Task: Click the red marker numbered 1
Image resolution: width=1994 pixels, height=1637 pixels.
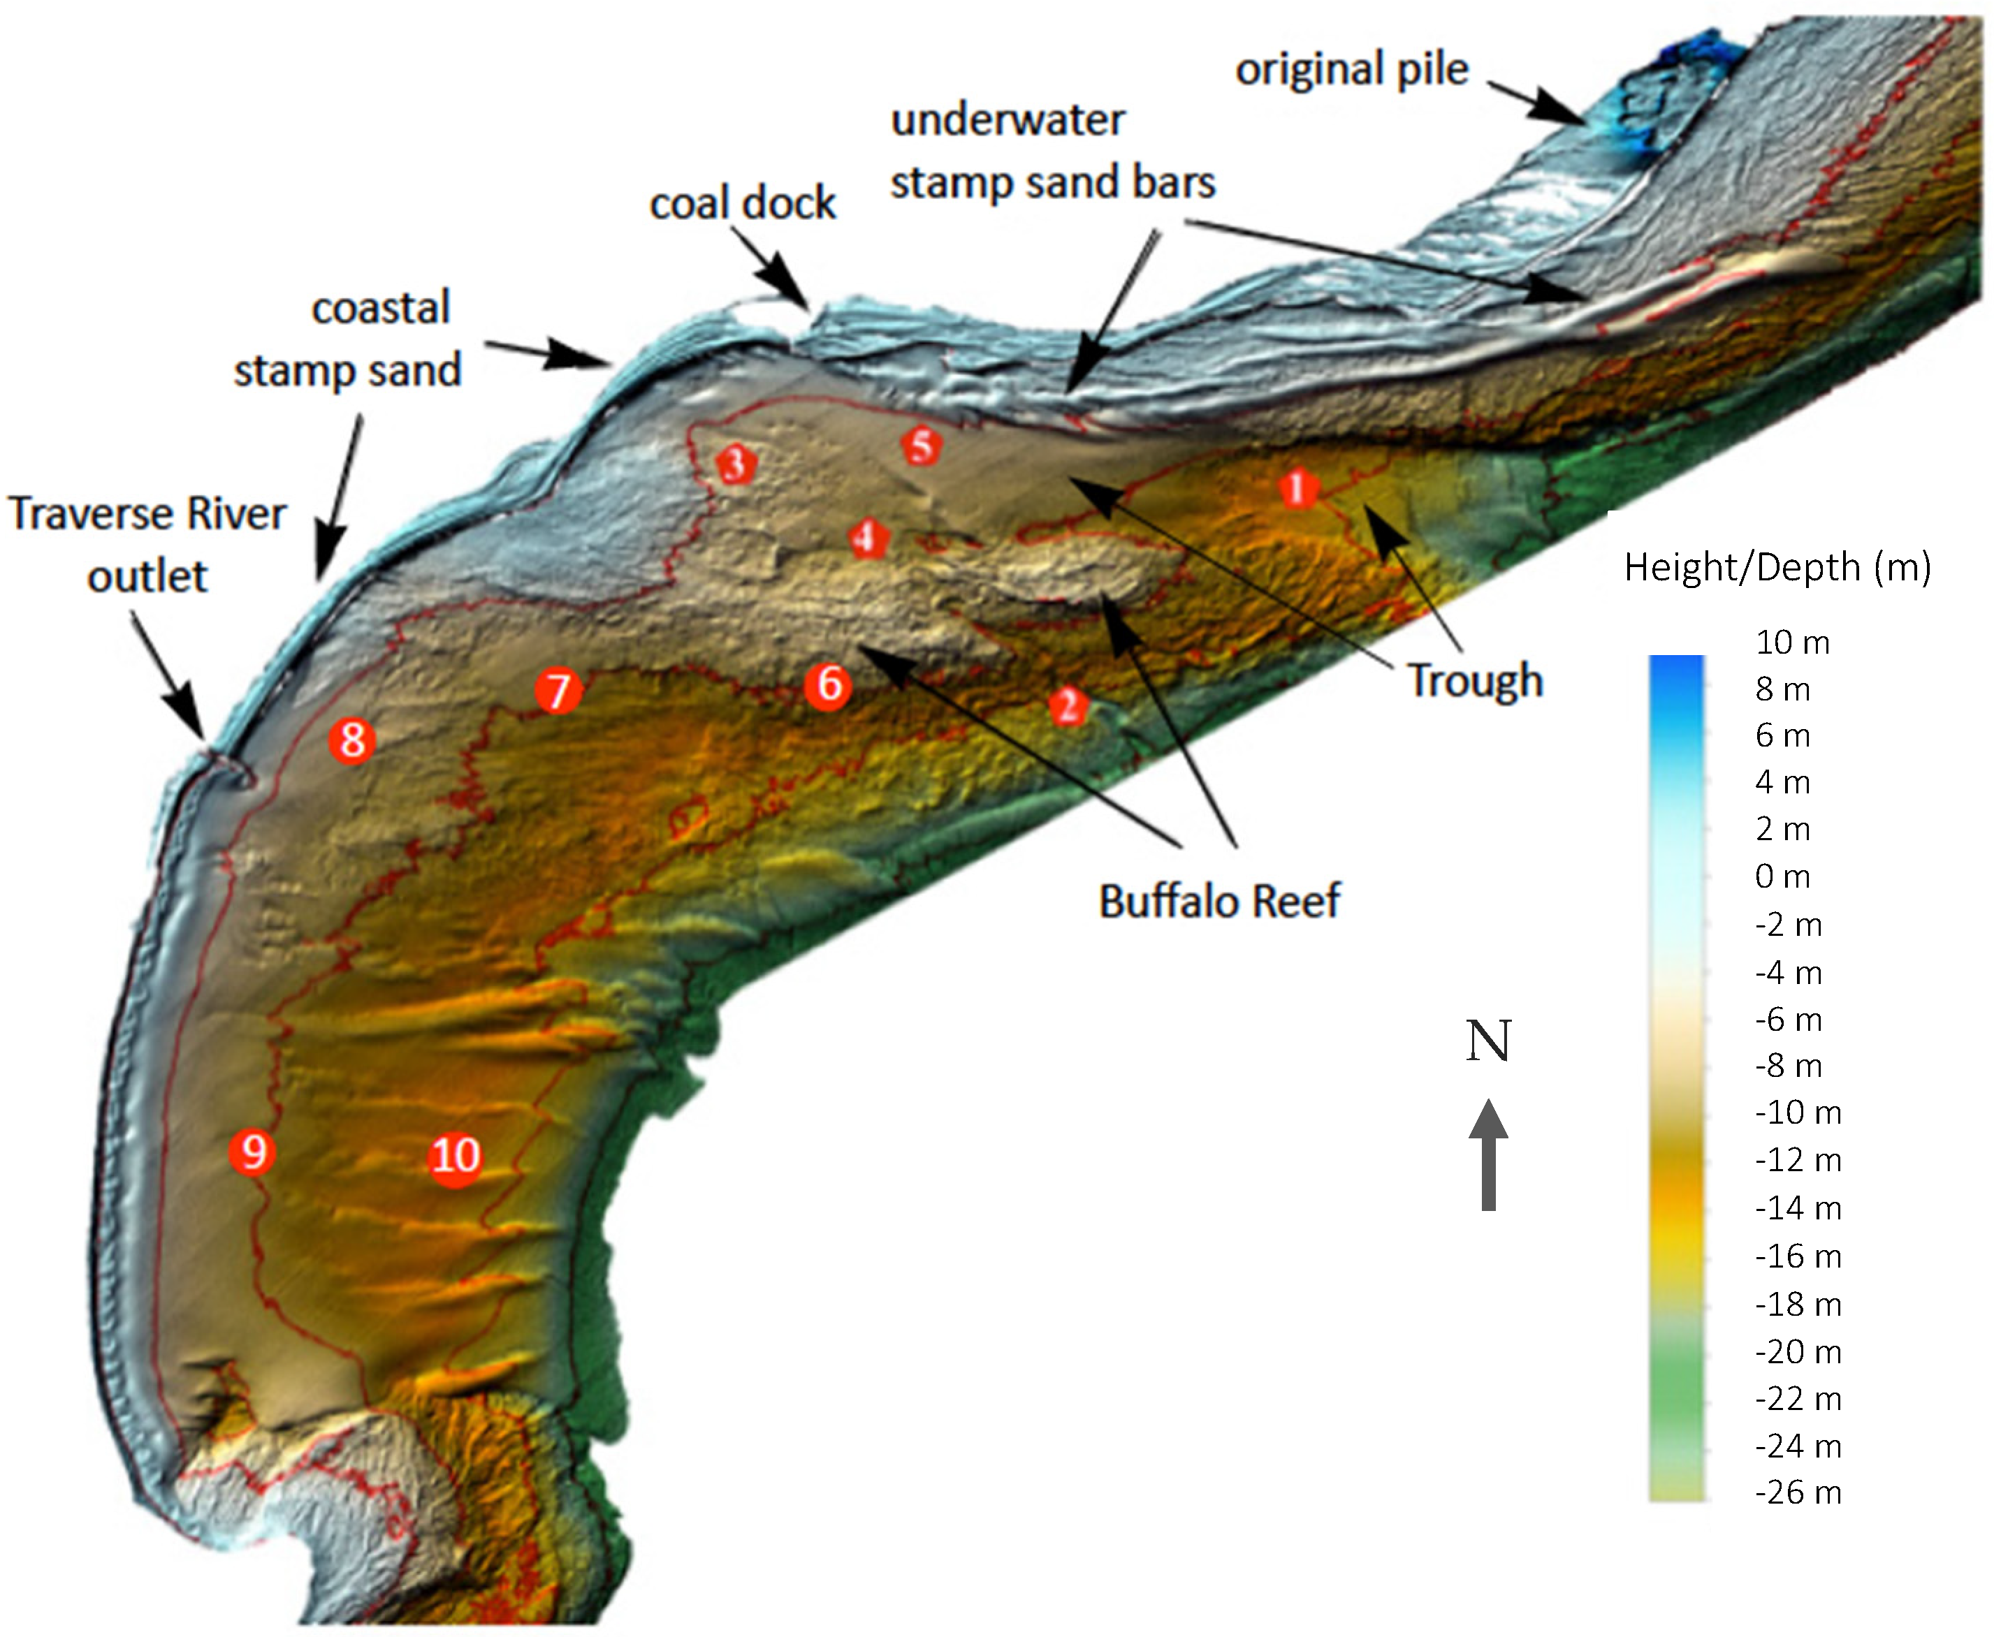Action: tap(1298, 488)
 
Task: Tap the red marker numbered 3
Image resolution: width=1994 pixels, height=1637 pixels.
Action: tap(736, 464)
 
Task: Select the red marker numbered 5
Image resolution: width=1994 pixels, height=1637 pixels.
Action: tap(922, 446)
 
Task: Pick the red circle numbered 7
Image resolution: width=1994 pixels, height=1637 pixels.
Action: tap(558, 690)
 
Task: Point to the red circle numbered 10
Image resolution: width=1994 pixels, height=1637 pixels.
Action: tap(456, 1156)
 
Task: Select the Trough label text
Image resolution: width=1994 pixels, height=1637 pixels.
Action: tap(1475, 681)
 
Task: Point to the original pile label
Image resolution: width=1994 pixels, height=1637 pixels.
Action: tap(1352, 70)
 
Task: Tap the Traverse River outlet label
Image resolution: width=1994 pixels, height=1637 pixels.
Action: tap(147, 545)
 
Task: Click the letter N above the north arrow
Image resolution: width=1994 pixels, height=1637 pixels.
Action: tap(1488, 1041)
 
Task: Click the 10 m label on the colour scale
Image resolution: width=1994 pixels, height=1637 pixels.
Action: tap(1792, 643)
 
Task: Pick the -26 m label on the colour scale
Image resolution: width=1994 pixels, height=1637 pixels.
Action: tap(1798, 1492)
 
